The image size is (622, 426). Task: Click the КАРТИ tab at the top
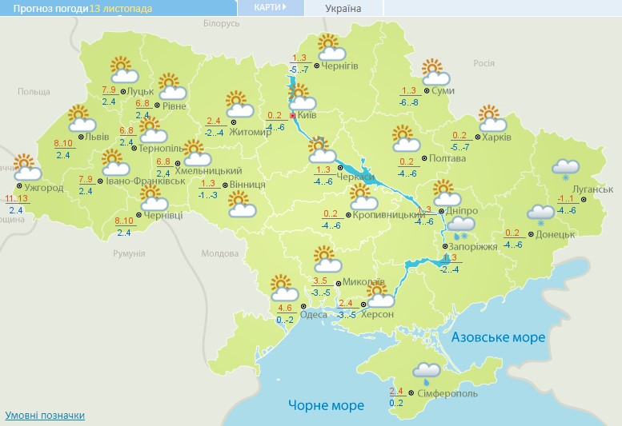(271, 7)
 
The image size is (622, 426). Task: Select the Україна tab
(343, 9)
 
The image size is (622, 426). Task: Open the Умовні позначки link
(45, 416)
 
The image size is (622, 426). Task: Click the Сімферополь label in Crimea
(448, 394)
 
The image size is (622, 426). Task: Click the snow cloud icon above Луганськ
(566, 168)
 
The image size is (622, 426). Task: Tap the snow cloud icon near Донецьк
(540, 213)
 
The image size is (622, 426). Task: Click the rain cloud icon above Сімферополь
(426, 371)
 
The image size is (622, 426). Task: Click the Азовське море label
(498, 337)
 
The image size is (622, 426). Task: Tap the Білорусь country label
(221, 24)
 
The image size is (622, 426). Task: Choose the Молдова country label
(220, 253)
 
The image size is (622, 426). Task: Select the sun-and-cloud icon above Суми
(435, 72)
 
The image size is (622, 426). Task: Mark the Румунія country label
(128, 253)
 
